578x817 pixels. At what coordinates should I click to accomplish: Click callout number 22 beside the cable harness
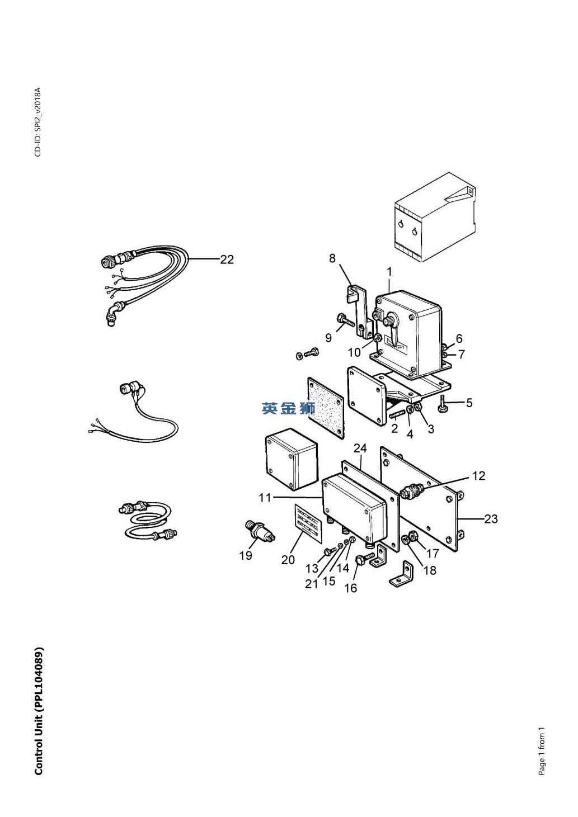227,259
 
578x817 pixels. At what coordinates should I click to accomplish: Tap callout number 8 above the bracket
332,258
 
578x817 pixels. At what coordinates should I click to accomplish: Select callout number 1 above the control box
389,271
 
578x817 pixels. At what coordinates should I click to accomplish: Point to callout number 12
478,475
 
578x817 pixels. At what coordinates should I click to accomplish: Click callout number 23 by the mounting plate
491,519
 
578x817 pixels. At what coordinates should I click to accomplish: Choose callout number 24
360,448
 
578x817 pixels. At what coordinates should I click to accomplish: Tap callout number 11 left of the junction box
265,497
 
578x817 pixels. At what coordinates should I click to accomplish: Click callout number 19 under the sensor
246,555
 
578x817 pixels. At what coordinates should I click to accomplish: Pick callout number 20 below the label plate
288,560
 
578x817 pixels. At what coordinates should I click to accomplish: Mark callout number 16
350,588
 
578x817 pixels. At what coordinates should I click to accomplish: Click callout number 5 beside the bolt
469,403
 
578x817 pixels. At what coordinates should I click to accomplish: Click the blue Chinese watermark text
288,409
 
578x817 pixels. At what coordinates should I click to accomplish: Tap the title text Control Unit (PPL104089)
39,711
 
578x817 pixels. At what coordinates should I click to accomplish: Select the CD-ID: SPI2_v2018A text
38,122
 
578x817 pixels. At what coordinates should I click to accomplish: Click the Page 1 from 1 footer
541,751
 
